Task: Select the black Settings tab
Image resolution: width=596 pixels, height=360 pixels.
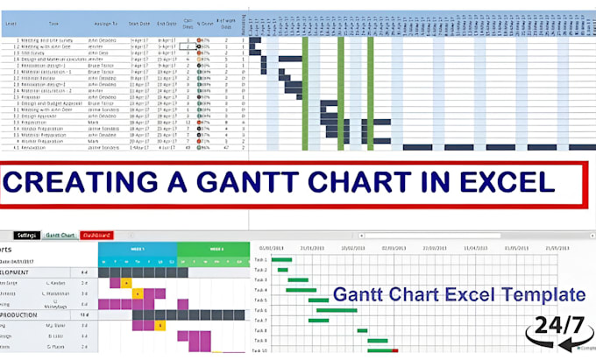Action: tap(26, 236)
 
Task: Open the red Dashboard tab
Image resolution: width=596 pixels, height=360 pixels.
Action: tap(96, 236)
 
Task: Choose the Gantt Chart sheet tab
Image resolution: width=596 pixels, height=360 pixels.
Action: tap(60, 236)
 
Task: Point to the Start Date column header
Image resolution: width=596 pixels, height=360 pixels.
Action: tap(138, 25)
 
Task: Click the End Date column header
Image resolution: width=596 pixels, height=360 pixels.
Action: tap(168, 25)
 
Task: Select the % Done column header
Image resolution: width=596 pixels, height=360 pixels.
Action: tap(207, 25)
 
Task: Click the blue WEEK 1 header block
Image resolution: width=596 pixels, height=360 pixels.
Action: tap(138, 250)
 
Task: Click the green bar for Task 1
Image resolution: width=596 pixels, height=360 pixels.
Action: tap(281, 260)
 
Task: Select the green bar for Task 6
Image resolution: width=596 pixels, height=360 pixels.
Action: tap(337, 310)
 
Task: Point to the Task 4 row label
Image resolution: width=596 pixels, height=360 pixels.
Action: tap(260, 290)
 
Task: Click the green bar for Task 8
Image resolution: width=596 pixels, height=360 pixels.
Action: tap(362, 330)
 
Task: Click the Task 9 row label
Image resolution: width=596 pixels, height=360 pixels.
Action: tap(260, 340)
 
